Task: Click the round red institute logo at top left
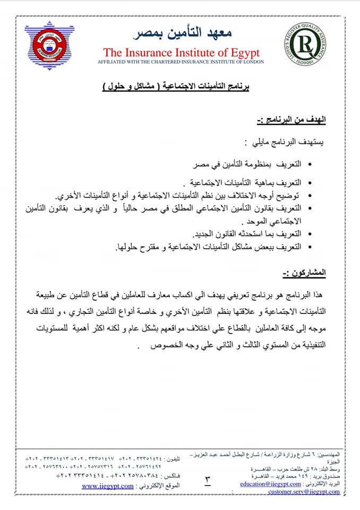pyautogui.click(x=49, y=46)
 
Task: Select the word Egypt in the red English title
pyautogui.click(x=244, y=53)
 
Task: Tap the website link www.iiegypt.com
pyautogui.click(x=108, y=486)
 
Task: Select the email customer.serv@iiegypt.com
pyautogui.click(x=304, y=492)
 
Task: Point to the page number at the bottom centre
pyautogui.click(x=208, y=481)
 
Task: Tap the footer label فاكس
pyautogui.click(x=172, y=475)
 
